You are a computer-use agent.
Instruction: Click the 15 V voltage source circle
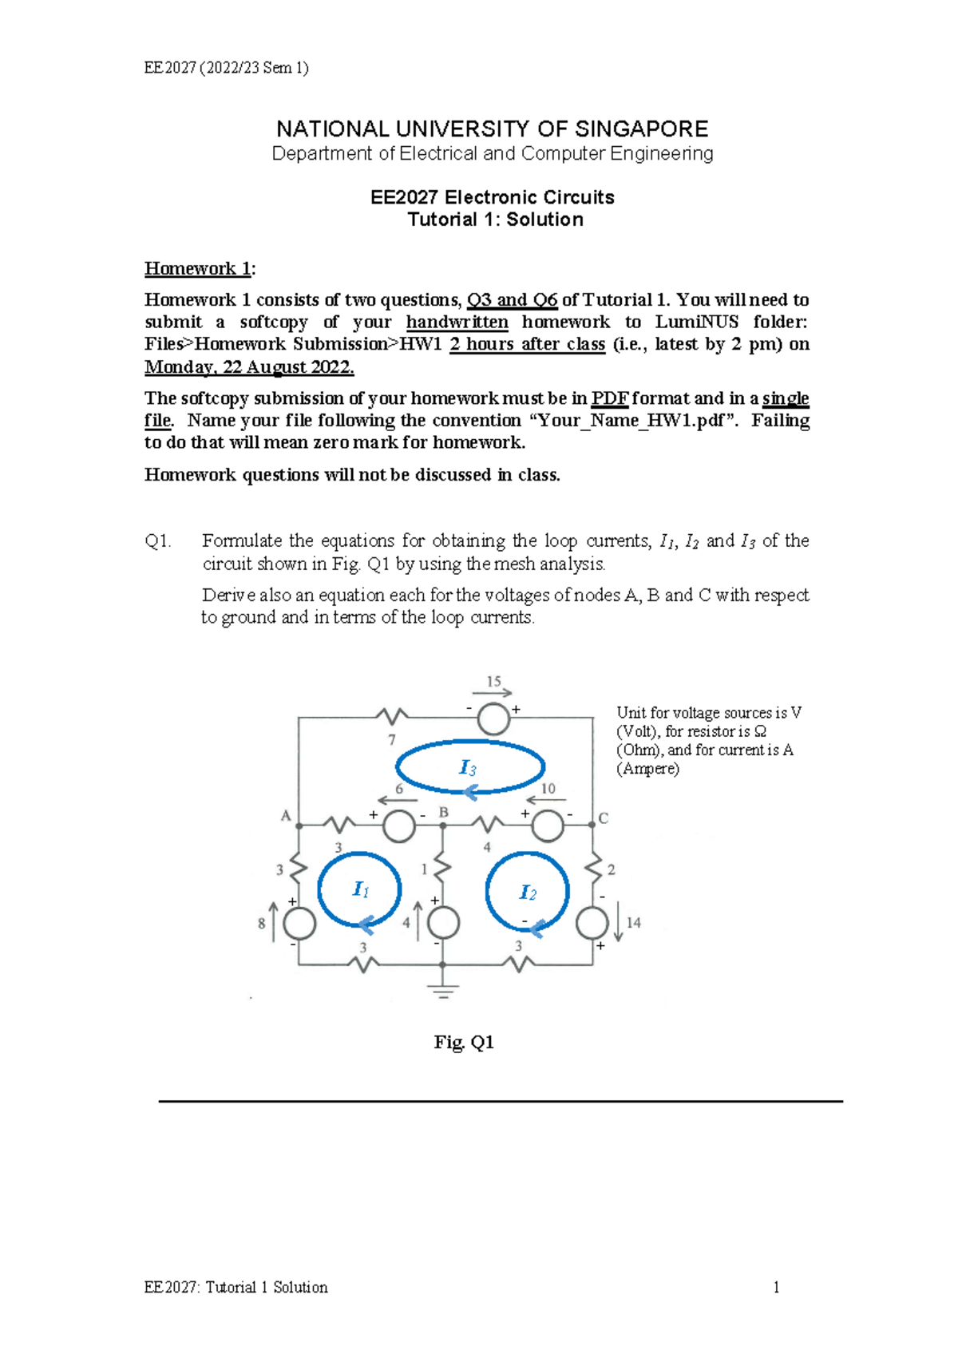click(493, 719)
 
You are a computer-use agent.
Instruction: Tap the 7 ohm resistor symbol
click(392, 716)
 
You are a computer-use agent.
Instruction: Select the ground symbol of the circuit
click(442, 991)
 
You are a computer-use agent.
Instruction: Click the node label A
click(286, 815)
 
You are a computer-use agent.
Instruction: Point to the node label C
click(604, 818)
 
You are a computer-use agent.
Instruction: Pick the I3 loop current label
click(468, 768)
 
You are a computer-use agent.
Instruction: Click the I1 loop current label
click(361, 889)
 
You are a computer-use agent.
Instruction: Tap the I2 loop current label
click(528, 893)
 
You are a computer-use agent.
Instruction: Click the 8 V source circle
click(299, 924)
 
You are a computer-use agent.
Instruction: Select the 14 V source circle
click(592, 923)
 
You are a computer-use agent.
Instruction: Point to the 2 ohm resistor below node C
click(593, 866)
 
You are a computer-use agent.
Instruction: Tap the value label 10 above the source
click(548, 789)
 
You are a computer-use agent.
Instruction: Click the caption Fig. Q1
click(464, 1042)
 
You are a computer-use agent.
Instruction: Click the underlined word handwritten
click(457, 322)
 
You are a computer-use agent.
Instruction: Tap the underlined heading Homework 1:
click(200, 268)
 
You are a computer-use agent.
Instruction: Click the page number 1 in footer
click(776, 1287)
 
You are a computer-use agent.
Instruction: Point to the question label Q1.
click(157, 541)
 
